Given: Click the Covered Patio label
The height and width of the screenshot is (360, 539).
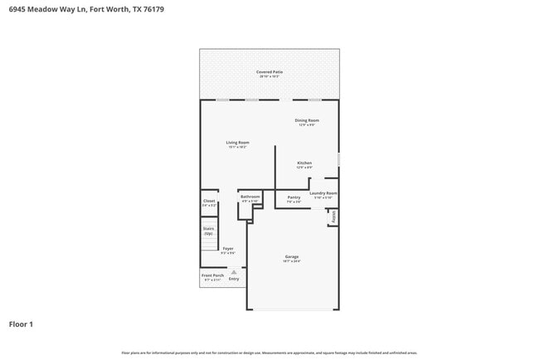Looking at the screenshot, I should click(269, 72).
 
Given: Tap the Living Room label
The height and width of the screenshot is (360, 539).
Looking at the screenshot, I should click(238, 142).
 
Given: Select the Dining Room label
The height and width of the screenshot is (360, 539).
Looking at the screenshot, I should click(307, 120).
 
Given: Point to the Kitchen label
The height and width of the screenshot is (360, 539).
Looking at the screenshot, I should click(304, 163).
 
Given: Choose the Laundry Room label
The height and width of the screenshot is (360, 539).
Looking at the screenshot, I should click(323, 193).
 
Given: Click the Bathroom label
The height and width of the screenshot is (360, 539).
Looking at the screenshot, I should click(250, 197).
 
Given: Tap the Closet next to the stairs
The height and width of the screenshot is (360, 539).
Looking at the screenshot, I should click(209, 201).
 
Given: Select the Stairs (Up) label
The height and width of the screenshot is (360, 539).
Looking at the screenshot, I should click(208, 231).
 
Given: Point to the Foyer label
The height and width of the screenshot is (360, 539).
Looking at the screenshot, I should click(228, 248).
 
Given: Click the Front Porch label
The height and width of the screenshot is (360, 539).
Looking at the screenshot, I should click(212, 275).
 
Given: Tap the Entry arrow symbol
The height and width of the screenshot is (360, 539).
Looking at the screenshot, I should click(234, 271).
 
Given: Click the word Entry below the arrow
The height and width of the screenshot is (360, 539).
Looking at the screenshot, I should click(234, 279).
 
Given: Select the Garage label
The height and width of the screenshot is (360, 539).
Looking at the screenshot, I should click(291, 256).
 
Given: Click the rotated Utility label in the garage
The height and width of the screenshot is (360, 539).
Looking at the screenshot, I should click(333, 216).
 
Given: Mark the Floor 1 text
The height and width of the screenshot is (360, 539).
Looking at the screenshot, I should click(21, 324).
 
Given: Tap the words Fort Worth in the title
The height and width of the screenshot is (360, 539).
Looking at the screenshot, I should click(80, 11).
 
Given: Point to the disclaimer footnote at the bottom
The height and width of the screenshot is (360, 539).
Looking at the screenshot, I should click(269, 353).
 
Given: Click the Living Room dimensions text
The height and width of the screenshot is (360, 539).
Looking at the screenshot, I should click(238, 147).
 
